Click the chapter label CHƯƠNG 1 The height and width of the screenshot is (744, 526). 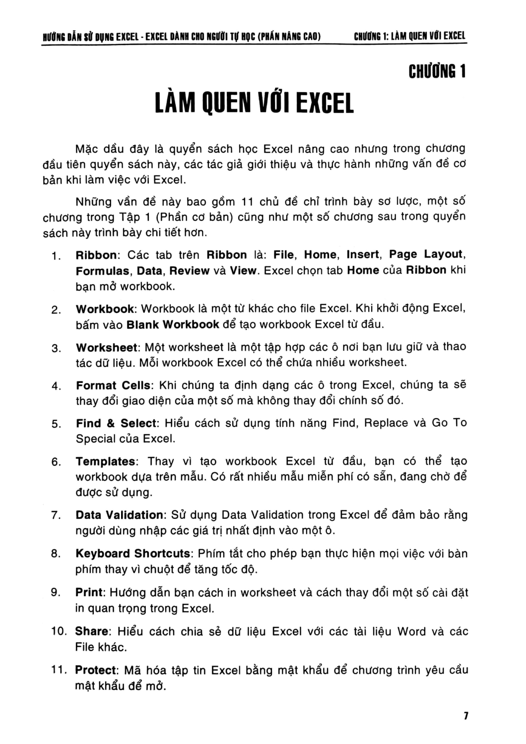[437, 72]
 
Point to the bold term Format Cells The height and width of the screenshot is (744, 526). [110, 385]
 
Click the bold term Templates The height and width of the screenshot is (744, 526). [105, 462]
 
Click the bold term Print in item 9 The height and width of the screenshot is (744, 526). [89, 593]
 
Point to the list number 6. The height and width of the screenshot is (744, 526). [56, 462]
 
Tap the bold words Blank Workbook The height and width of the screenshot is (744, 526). [173, 325]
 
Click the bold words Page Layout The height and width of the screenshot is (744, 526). [426, 254]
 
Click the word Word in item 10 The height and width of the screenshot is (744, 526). [411, 631]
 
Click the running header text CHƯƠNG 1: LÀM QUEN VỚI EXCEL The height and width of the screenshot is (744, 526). [410, 36]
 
